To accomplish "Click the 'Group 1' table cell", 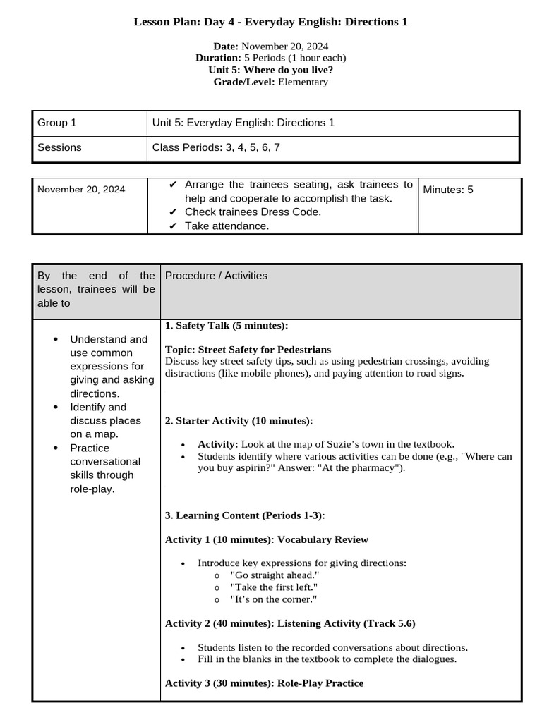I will tap(57, 123).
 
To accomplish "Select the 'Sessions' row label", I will tap(59, 147).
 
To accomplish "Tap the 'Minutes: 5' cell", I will tap(448, 190).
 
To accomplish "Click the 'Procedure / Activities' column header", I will tap(216, 276).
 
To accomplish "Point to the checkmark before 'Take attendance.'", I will tap(174, 226).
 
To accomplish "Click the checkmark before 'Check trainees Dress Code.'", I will tap(174, 212).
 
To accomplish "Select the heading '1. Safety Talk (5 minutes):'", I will tap(226, 325).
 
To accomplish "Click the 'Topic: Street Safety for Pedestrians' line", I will tap(248, 349).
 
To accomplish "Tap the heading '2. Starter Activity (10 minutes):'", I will tap(239, 421).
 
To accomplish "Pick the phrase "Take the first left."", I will tap(274, 587).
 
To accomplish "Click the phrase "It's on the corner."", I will tap(273, 599).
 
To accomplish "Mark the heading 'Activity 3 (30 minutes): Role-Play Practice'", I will tap(264, 683).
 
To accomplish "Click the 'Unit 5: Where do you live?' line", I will tap(271, 70).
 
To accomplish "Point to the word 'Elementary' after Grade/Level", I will tap(303, 82).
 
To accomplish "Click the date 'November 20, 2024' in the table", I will tap(81, 189).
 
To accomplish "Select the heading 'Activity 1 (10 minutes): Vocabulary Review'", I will tap(266, 539).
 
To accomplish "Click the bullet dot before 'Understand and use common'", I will tap(56, 340).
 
